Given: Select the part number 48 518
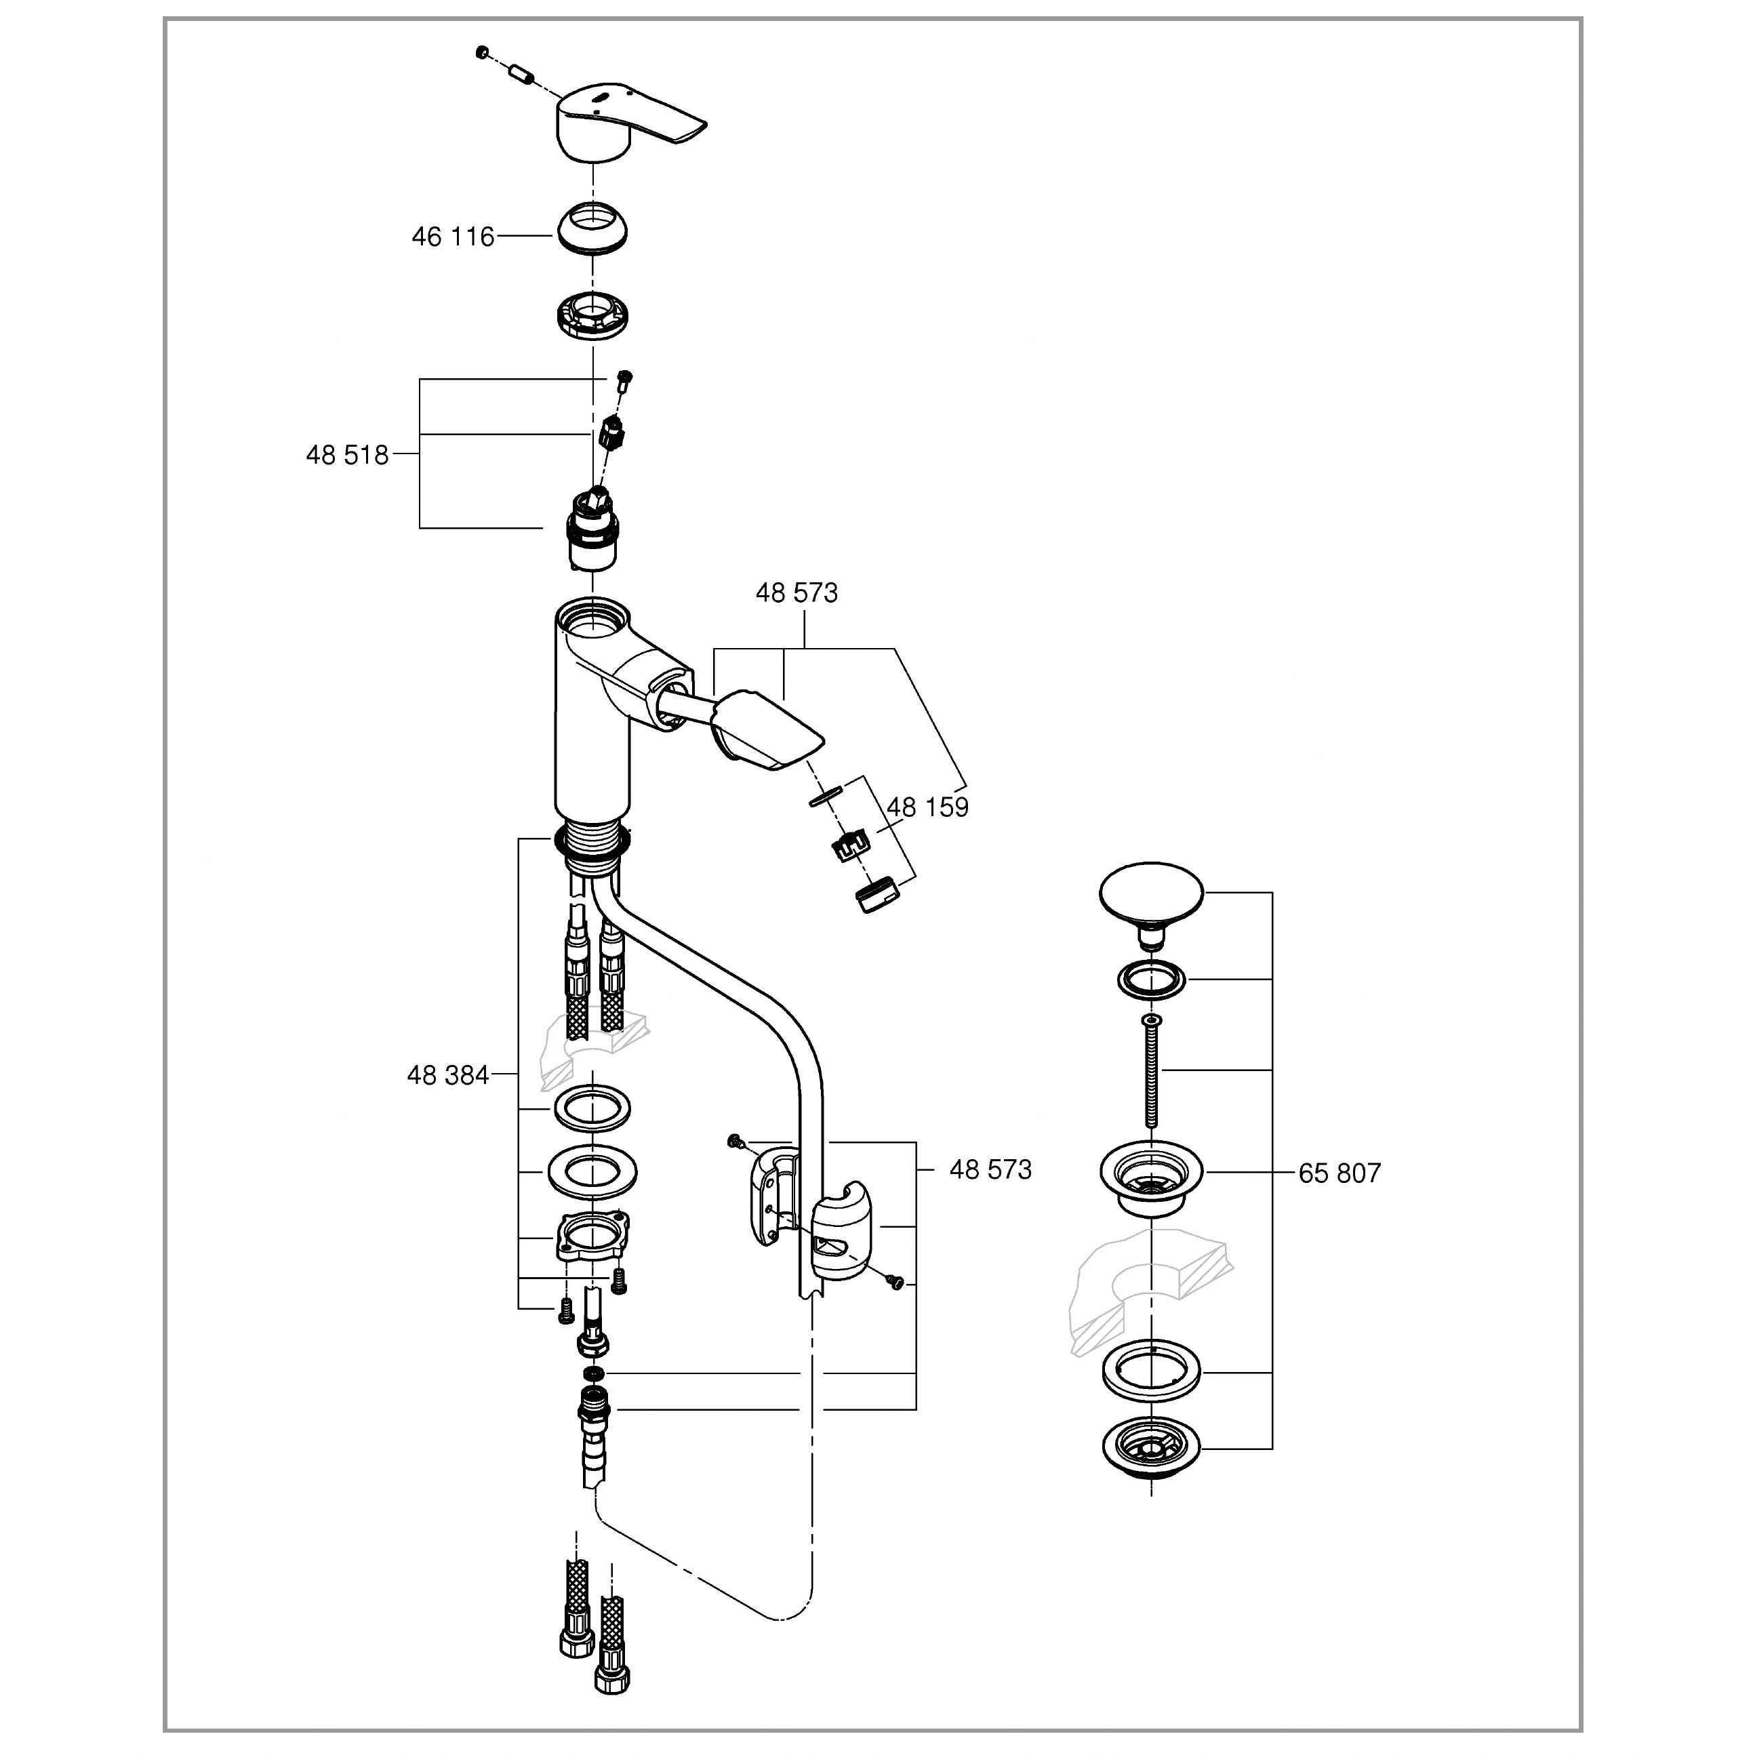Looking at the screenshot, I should click(346, 455).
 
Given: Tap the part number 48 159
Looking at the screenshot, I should click(927, 807).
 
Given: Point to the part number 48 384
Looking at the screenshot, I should click(447, 1075).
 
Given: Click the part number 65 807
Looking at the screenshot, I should click(1339, 1173).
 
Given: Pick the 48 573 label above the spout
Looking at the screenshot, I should click(797, 592).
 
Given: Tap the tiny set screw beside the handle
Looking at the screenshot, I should click(483, 53).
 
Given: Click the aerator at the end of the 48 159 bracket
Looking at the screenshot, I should click(876, 895).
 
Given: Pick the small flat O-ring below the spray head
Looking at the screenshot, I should click(825, 796).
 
